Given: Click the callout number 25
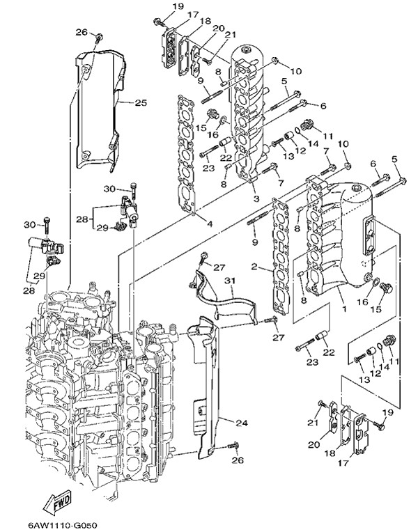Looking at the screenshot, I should pyautogui.click(x=140, y=103).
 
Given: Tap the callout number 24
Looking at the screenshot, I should pyautogui.click(x=240, y=423).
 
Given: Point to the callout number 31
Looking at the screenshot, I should pyautogui.click(x=230, y=281).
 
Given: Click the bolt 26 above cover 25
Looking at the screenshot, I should pyautogui.click(x=100, y=36).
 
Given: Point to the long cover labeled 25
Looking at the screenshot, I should pyautogui.click(x=101, y=104).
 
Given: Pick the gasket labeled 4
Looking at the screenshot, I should pyautogui.click(x=186, y=150).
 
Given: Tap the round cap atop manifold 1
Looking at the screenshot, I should pyautogui.click(x=355, y=186).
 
